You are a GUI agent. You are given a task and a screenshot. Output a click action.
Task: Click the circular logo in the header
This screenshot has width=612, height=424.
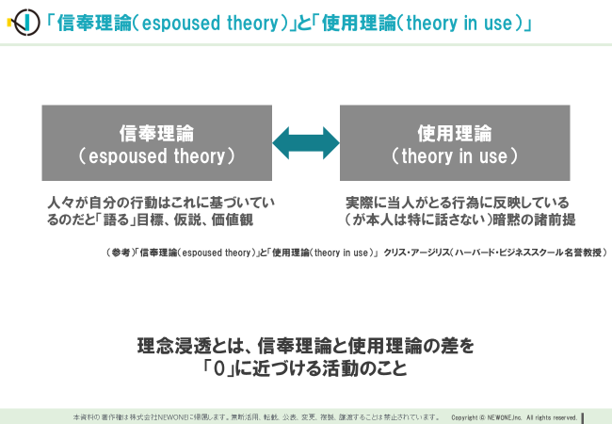(x=25, y=23)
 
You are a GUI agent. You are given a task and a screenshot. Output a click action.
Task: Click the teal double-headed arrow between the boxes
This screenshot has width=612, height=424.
(x=306, y=143)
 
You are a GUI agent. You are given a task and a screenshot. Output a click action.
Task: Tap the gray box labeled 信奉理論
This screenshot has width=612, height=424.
(x=157, y=143)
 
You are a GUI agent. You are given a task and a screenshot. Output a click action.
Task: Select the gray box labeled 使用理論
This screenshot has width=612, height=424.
(x=455, y=143)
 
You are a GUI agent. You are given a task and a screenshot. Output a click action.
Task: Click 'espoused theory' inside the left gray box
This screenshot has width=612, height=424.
(x=157, y=156)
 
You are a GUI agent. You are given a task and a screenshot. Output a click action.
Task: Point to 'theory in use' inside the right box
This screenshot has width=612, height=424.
(x=455, y=156)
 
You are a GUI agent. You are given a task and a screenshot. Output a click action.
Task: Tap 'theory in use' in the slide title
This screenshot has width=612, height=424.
(x=459, y=23)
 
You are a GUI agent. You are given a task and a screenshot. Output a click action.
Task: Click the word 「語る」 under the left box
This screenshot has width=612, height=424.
(x=116, y=220)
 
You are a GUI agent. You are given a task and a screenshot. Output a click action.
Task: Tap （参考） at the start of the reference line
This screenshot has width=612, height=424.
(x=119, y=253)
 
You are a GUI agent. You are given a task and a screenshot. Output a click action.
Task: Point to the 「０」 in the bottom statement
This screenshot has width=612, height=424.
(x=219, y=368)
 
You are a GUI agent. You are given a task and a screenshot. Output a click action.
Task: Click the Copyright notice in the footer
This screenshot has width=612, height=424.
(x=514, y=417)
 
